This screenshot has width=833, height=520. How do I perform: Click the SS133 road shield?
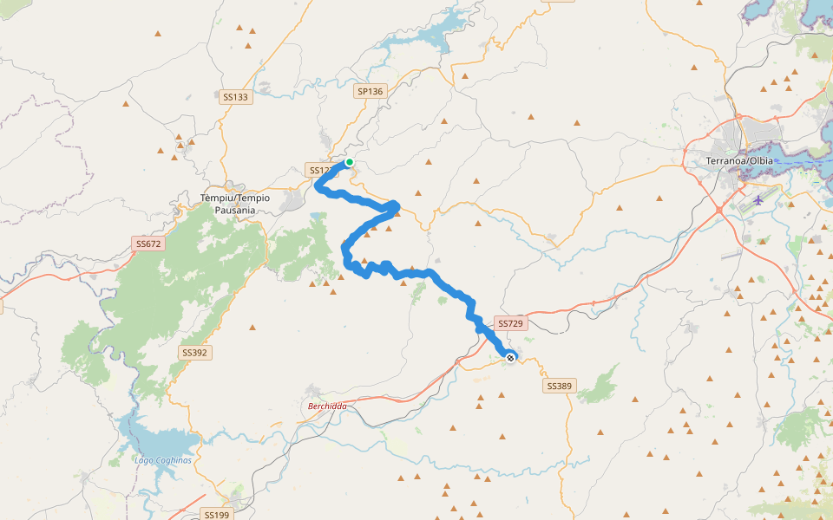click(235, 97)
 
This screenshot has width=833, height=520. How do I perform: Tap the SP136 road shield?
click(370, 91)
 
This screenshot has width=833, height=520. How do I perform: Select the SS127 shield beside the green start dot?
click(320, 171)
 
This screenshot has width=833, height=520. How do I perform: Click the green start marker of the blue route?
click(350, 162)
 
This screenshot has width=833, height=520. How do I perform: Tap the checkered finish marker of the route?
click(510, 357)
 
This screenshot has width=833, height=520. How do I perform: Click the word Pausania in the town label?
click(235, 210)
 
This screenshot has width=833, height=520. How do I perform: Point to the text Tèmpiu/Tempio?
click(235, 198)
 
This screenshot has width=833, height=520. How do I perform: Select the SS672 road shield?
click(148, 244)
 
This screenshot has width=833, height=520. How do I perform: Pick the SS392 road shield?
click(194, 353)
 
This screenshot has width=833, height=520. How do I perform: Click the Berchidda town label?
click(326, 406)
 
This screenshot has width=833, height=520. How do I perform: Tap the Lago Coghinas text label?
click(163, 459)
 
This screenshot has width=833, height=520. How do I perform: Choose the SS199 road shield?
click(216, 515)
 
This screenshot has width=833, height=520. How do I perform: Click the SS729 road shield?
click(511, 323)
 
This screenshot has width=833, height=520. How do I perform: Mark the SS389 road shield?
click(559, 385)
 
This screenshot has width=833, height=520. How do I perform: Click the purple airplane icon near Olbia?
click(759, 200)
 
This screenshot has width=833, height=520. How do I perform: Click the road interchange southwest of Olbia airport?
click(719, 210)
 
